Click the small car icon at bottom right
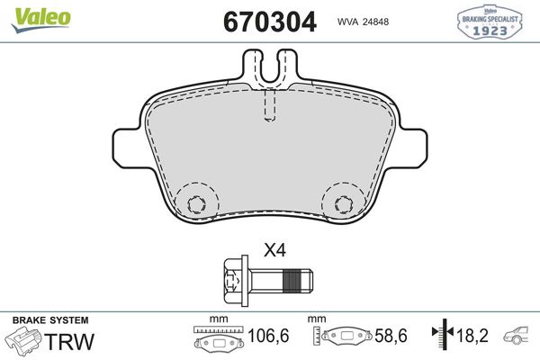point(520,337)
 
